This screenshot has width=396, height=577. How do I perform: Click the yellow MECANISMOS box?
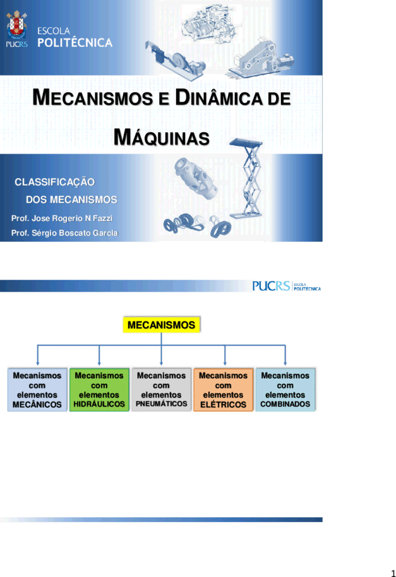(161, 324)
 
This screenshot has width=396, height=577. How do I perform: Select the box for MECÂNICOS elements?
(37, 390)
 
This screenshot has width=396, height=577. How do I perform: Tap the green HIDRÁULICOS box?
(99, 390)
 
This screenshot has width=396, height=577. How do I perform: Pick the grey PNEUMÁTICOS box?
(161, 390)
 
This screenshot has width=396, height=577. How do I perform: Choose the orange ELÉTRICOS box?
(224, 390)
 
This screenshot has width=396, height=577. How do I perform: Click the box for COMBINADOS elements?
(285, 390)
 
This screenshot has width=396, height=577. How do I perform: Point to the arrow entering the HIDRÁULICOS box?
(99, 355)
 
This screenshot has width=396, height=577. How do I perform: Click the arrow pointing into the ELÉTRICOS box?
(225, 355)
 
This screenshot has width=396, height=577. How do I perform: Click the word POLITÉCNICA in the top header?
(75, 43)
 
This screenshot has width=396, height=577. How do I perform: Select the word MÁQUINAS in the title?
(162, 138)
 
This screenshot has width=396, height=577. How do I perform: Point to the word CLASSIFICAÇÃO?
(54, 182)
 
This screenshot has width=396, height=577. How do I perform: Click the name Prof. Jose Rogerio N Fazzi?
(62, 218)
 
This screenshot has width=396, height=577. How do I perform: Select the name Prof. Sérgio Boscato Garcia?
(64, 233)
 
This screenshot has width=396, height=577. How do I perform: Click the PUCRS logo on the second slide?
(286, 286)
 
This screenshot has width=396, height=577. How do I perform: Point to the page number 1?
(393, 573)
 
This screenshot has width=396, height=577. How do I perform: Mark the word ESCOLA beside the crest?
(53, 31)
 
